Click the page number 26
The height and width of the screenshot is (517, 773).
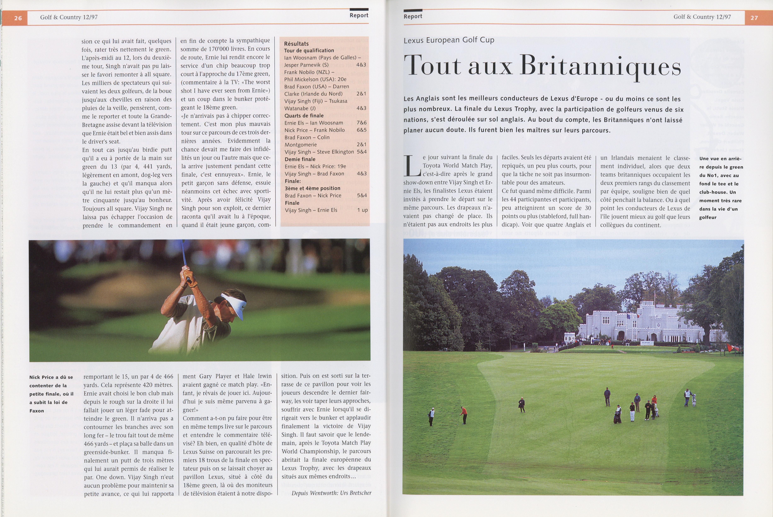[18, 18]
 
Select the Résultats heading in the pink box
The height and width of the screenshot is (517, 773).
[296, 43]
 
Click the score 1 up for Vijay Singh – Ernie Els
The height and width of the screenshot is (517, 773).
[362, 210]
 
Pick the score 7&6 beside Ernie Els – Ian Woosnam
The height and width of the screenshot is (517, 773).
[361, 123]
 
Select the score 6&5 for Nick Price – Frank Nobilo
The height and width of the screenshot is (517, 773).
[361, 130]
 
